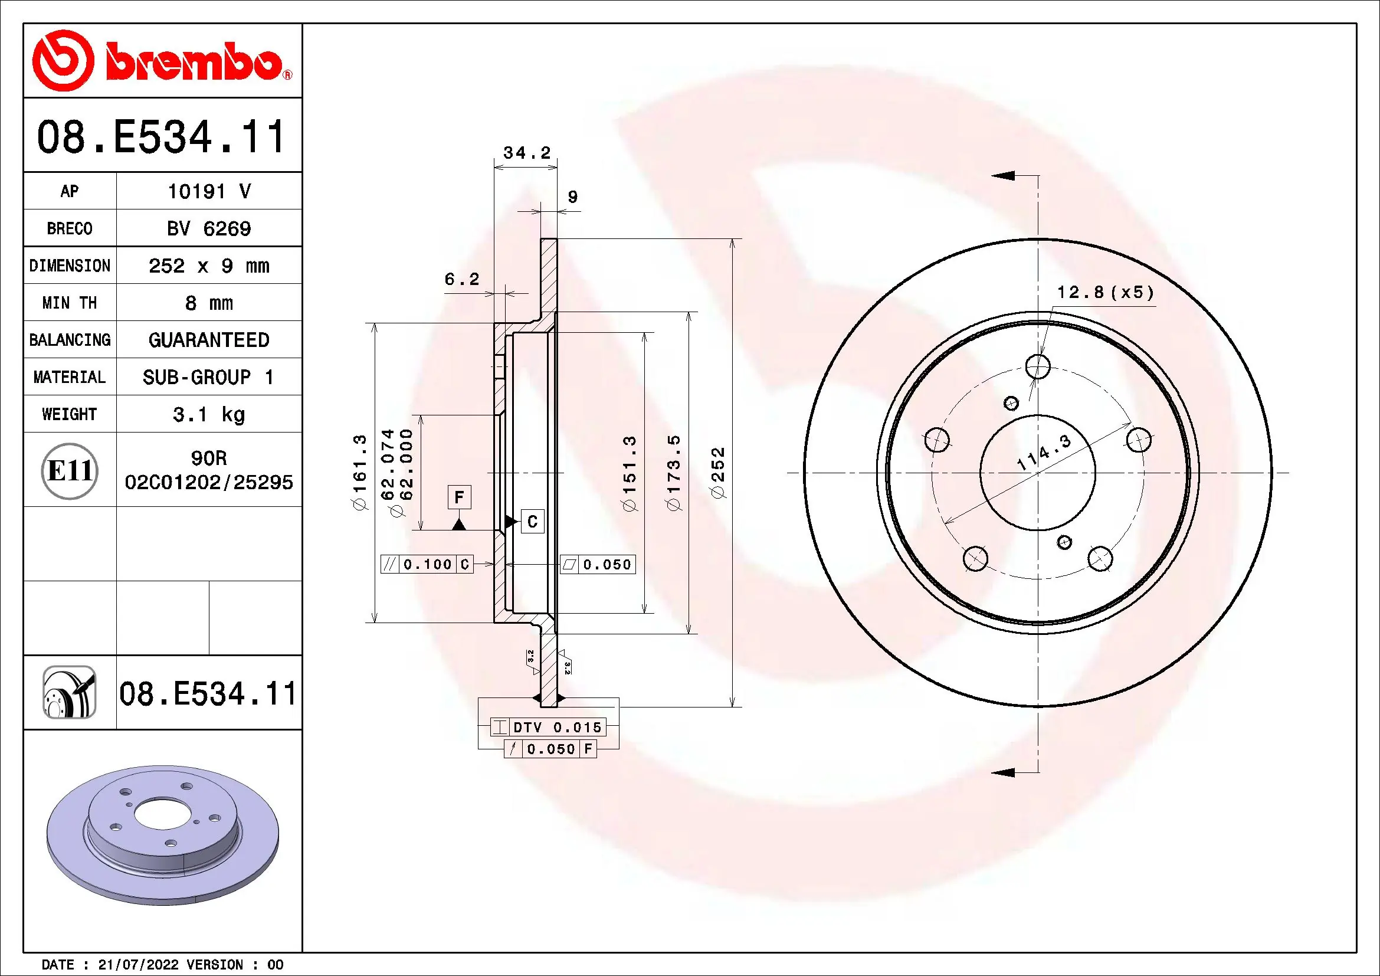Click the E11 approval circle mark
tap(69, 470)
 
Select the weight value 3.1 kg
tap(208, 414)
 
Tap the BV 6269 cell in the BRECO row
tap(208, 228)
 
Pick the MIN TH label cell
tap(69, 303)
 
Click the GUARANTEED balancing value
tap(208, 340)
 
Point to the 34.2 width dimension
tap(526, 153)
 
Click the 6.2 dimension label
tap(461, 279)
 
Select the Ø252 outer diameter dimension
tap(718, 473)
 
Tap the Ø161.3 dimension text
tap(359, 473)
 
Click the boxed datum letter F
tap(459, 497)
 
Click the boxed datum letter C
tap(532, 521)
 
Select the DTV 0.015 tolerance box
tap(548, 727)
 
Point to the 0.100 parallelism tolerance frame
tap(427, 564)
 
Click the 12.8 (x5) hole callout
tap(1104, 293)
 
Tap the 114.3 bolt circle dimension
tap(1044, 453)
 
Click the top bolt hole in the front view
tap(1038, 366)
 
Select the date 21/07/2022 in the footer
tap(138, 965)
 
